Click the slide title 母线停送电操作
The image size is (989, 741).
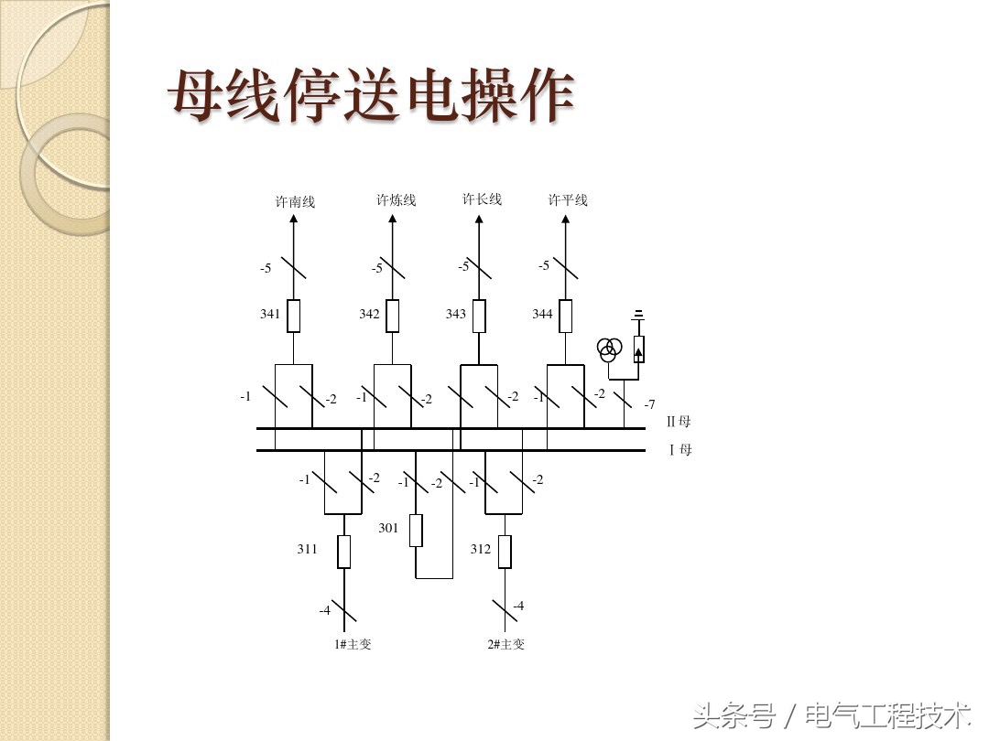click(371, 95)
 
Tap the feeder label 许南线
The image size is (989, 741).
click(295, 201)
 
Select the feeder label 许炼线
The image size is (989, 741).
click(396, 199)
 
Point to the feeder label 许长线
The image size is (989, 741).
click(482, 199)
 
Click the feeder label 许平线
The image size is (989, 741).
click(568, 199)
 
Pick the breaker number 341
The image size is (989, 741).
click(270, 314)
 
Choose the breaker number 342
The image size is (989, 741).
click(369, 314)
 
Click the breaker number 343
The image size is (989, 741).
click(455, 314)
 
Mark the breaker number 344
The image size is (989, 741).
click(542, 314)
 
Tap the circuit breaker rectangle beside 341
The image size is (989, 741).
click(293, 316)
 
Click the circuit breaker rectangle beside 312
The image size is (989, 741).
click(504, 552)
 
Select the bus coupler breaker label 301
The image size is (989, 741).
click(388, 528)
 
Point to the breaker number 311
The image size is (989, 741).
click(307, 549)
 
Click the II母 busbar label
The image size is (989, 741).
click(679, 422)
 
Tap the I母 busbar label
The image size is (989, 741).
click(680, 449)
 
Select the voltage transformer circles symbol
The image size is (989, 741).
click(610, 348)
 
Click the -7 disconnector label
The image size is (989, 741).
click(649, 404)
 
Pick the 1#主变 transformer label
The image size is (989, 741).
click(353, 644)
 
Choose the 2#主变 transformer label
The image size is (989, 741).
click(506, 644)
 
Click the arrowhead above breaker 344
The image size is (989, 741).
click(566, 220)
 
